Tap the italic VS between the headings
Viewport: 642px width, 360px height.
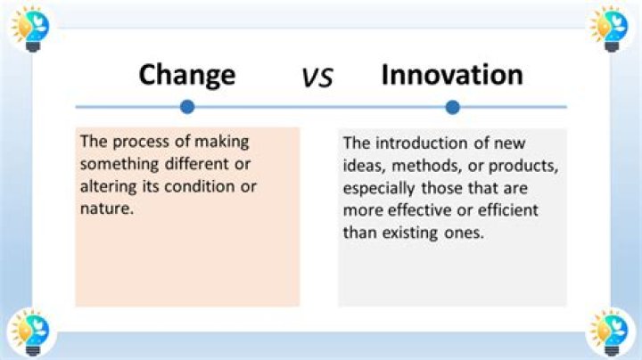pos(316,78)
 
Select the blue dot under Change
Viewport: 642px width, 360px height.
pos(186,107)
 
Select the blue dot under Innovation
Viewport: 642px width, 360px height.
pos(452,107)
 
